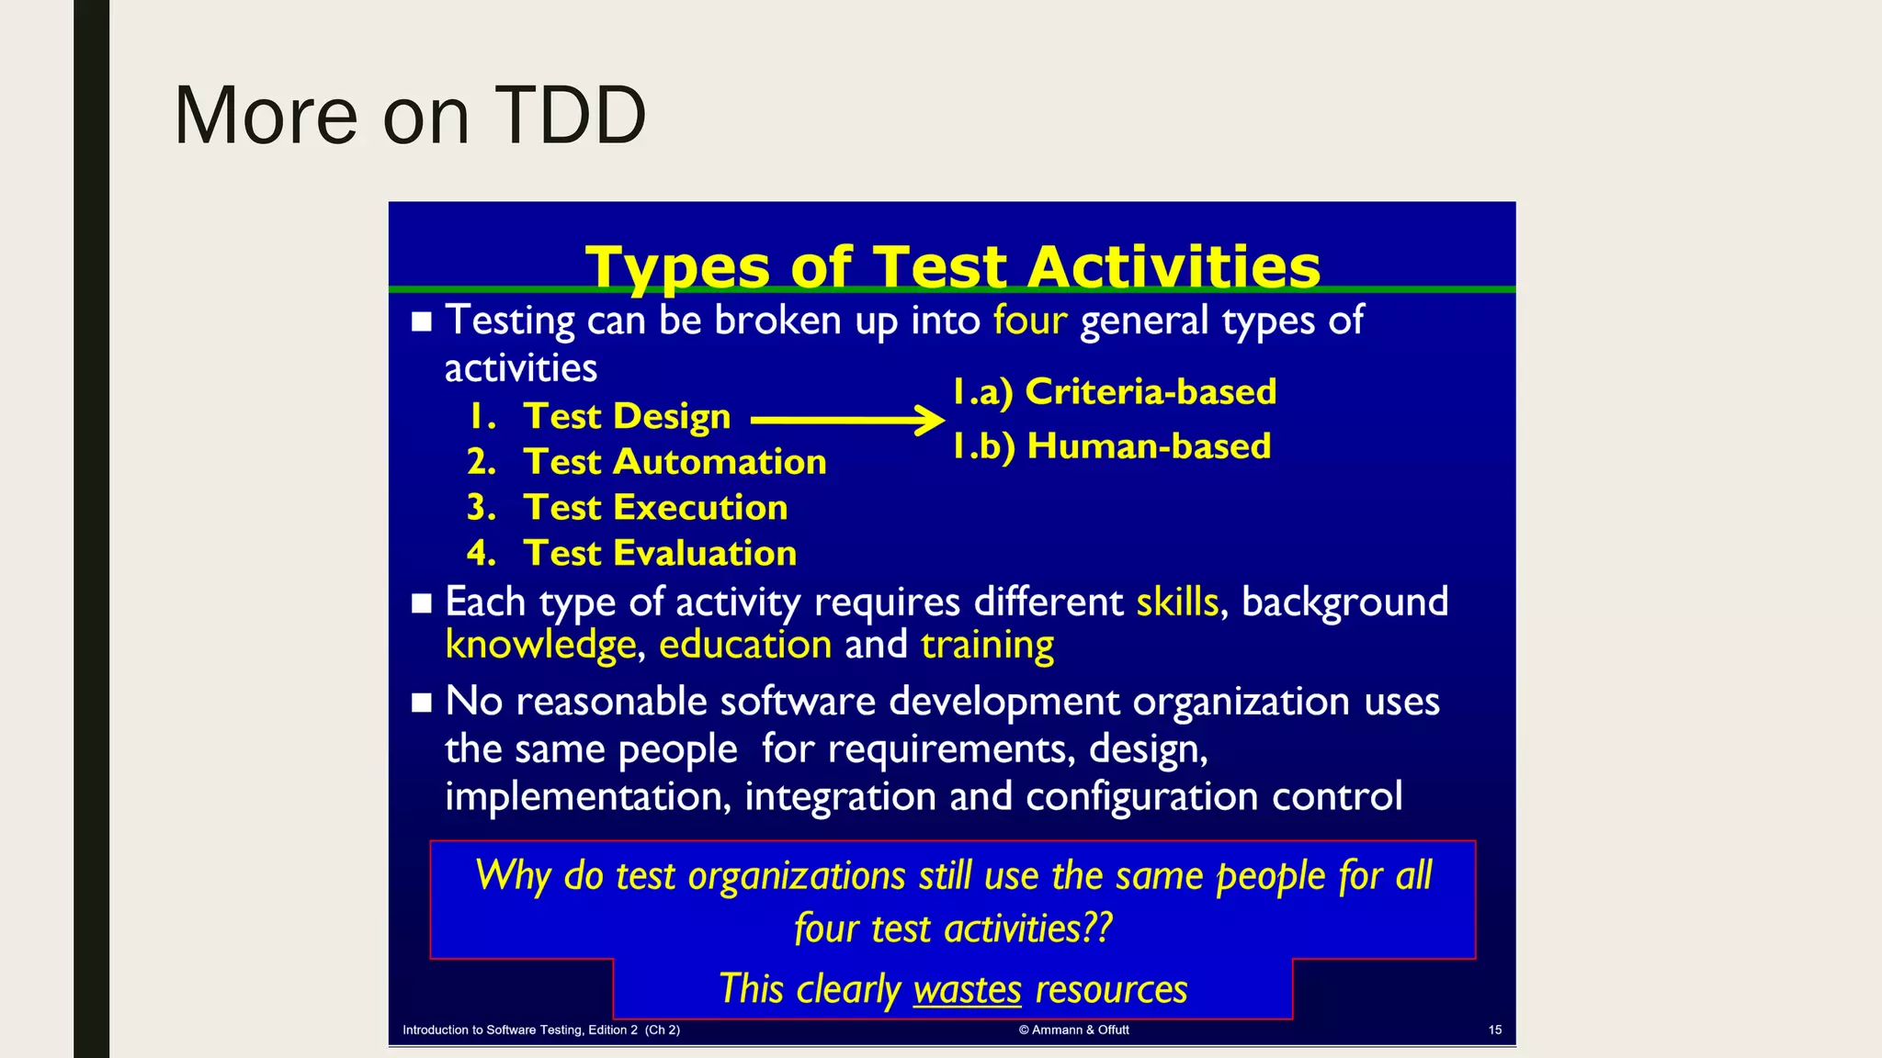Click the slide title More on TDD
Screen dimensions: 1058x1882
point(410,116)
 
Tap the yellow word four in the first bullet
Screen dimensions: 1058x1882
point(1029,321)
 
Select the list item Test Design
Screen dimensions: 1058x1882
point(626,417)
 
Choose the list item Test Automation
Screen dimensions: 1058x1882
point(674,462)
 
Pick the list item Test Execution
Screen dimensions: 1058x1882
point(654,508)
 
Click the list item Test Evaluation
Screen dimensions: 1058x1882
point(659,554)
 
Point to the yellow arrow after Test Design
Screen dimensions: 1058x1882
point(846,421)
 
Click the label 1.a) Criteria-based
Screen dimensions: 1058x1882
point(1114,392)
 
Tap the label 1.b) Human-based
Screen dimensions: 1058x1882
point(1111,446)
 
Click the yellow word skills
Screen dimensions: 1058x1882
point(1176,602)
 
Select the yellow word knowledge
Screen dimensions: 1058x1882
point(540,645)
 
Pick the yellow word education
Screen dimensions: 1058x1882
point(744,645)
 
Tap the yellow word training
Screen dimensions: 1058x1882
point(987,645)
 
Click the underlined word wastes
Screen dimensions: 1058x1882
point(967,990)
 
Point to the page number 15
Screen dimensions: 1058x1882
point(1494,1030)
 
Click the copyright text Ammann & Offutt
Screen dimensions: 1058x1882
point(1074,1030)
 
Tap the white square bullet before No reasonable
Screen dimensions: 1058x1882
point(422,703)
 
